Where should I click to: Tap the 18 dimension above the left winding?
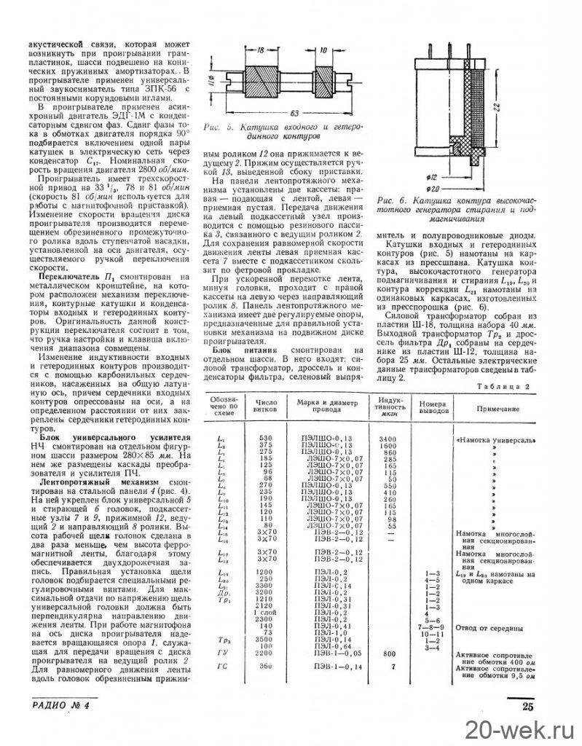pos(259,50)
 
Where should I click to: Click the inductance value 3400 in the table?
pos(387,439)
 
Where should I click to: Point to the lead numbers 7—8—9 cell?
pos(431,626)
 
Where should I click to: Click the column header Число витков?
pos(263,405)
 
